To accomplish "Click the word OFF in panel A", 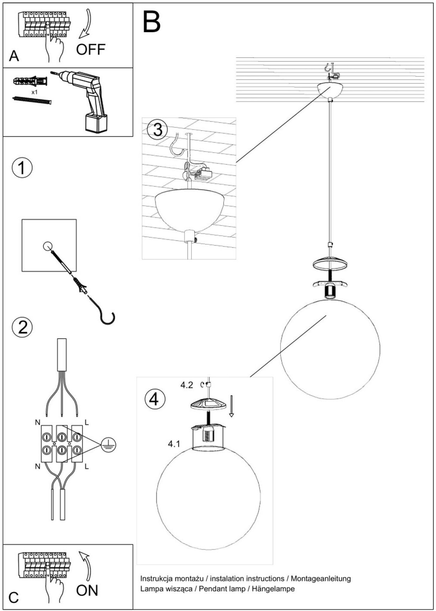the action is pos(91,49).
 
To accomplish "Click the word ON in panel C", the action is pos(87,590).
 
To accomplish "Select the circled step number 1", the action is pos(22,167).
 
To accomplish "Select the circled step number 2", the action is pos(22,327).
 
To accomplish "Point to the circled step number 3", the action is pos(157,129).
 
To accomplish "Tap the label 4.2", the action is pos(187,385).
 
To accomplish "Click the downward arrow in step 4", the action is pos(231,407).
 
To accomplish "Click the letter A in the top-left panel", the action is pos(14,56).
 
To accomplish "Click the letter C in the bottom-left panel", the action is pos(14,597).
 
